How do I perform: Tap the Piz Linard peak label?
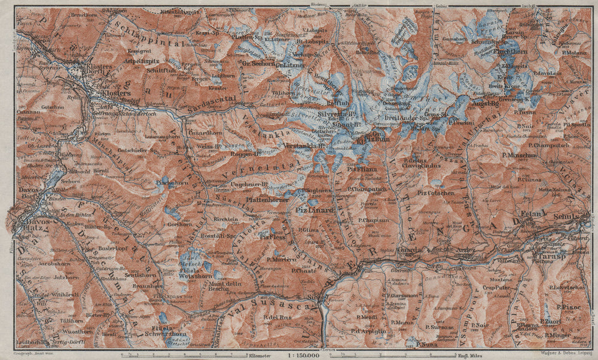click(310, 210)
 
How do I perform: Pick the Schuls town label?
click(569, 219)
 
